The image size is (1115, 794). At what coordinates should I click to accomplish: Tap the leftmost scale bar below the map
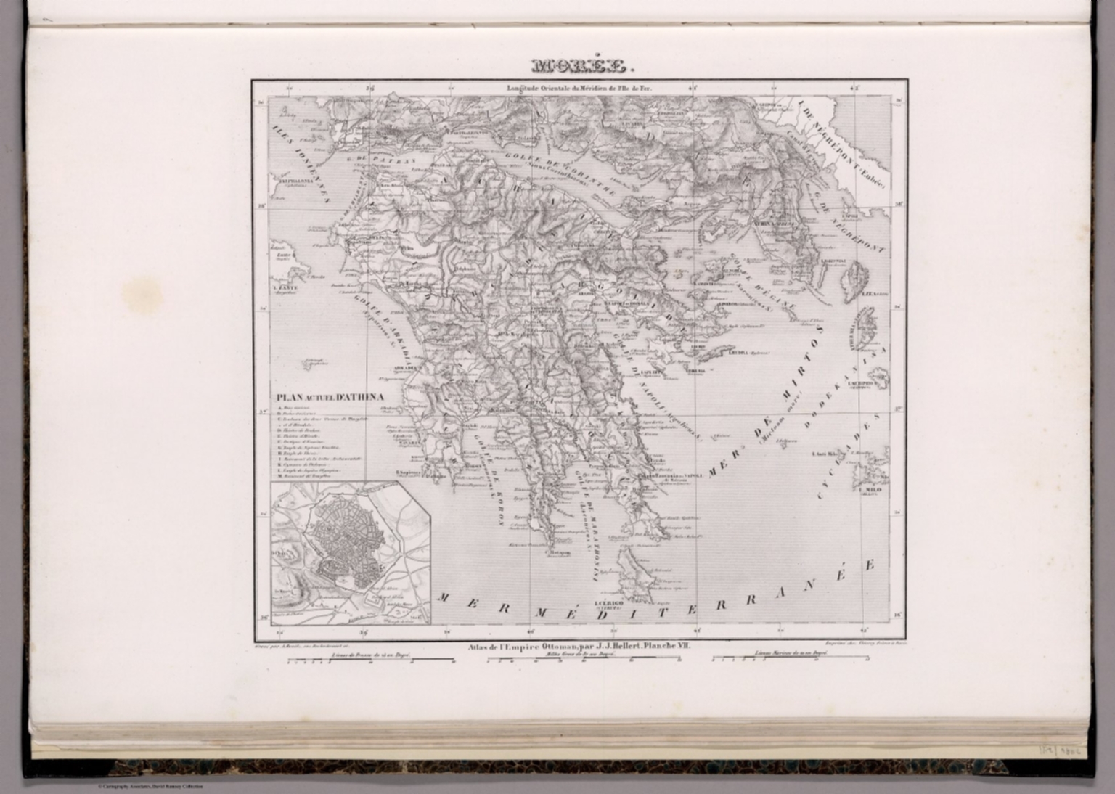point(370,660)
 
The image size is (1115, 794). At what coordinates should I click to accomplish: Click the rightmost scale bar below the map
point(791,659)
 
